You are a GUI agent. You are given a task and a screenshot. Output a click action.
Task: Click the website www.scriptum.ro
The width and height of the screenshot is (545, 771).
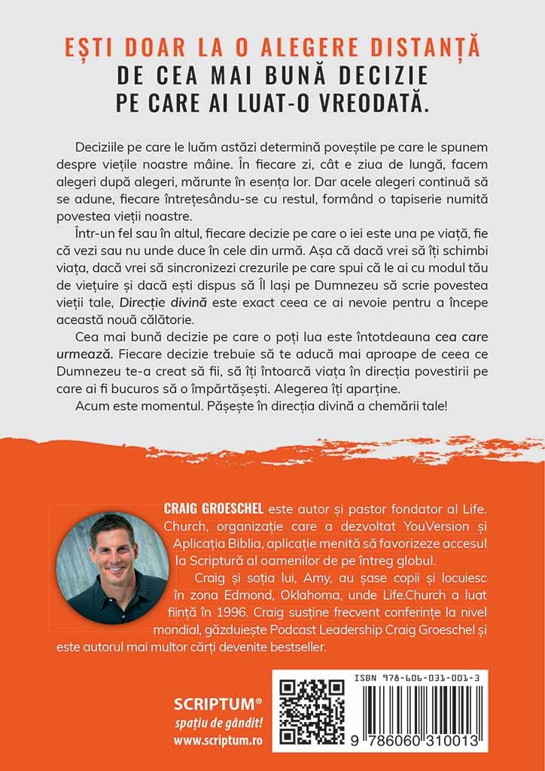218,740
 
